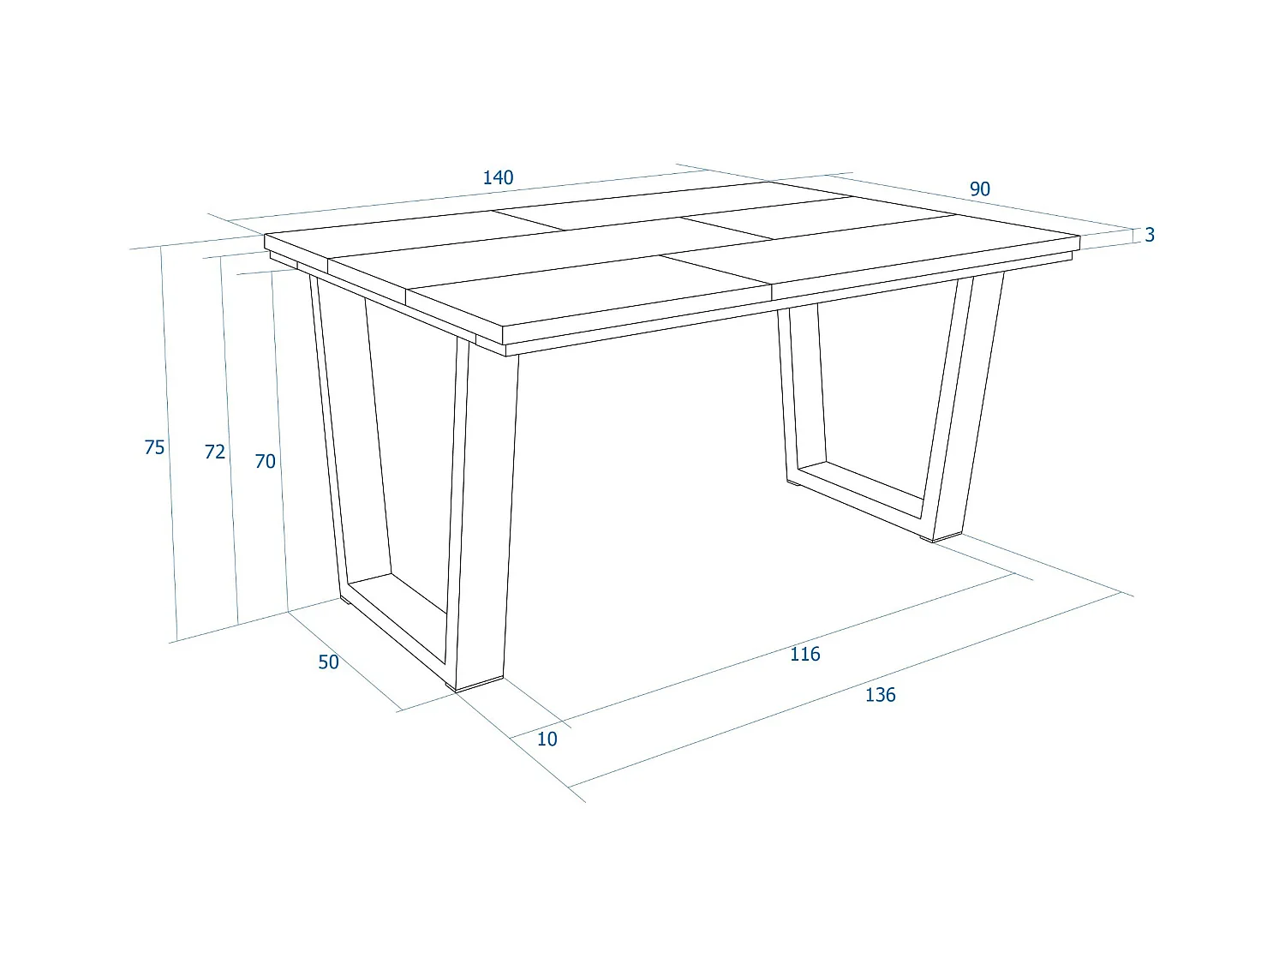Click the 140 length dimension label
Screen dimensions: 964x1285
tap(498, 177)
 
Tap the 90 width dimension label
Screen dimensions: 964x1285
tap(979, 189)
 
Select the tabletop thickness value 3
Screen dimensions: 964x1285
tap(1150, 235)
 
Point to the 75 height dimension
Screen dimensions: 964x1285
tap(154, 447)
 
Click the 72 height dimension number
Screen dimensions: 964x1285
tap(215, 452)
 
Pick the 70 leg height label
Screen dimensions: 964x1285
tap(266, 461)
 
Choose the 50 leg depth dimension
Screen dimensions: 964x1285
tap(328, 662)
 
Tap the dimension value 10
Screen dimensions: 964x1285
tap(547, 739)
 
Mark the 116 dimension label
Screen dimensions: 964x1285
tap(804, 654)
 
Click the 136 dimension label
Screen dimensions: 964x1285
tap(880, 695)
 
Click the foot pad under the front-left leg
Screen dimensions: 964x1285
tap(478, 685)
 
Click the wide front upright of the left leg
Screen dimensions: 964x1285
tap(487, 514)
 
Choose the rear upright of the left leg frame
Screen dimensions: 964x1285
tap(330, 428)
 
